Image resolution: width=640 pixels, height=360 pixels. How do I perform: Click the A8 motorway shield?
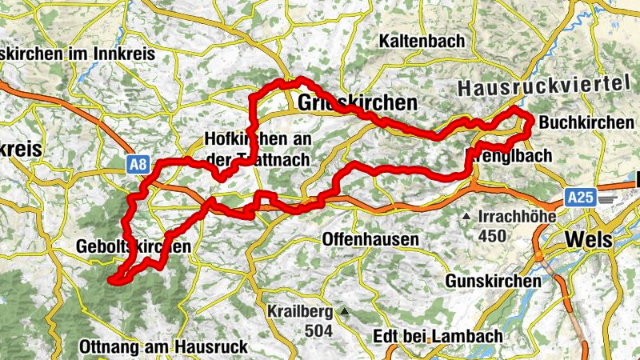(x=138, y=166)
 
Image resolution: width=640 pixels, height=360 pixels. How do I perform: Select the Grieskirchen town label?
(x=357, y=103)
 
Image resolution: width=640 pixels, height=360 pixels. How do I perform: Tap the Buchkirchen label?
(x=587, y=122)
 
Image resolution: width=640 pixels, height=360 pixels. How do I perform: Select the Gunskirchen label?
(x=493, y=282)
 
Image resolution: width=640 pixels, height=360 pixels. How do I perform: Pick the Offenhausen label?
(x=370, y=239)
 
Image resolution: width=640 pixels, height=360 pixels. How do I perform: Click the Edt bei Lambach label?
(x=438, y=336)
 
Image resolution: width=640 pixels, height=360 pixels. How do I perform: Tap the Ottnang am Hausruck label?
(x=164, y=347)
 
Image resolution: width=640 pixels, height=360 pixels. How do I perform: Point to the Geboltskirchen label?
(x=134, y=247)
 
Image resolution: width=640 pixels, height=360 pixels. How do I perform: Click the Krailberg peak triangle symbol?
(x=345, y=310)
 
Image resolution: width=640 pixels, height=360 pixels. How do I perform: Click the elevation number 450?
(x=492, y=235)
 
